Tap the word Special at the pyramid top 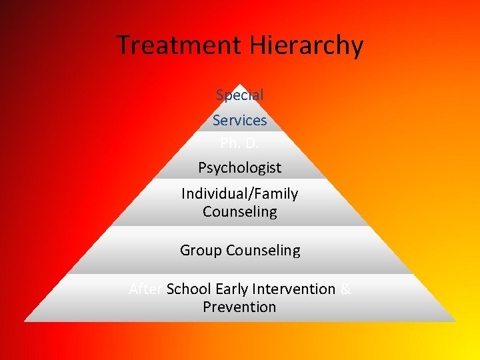[x=240, y=95]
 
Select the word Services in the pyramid [x=240, y=121]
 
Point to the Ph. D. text [x=240, y=143]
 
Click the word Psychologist [x=240, y=168]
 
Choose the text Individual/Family [x=240, y=194]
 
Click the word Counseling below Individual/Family [x=240, y=212]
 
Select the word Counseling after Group [x=263, y=251]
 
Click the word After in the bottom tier [x=146, y=289]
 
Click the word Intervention [x=293, y=289]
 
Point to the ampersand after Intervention [x=345, y=289]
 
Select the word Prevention [x=240, y=307]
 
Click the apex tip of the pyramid [x=240, y=85]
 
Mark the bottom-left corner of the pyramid [x=25, y=321]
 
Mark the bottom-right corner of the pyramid [x=456, y=321]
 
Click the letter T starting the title [x=123, y=45]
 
